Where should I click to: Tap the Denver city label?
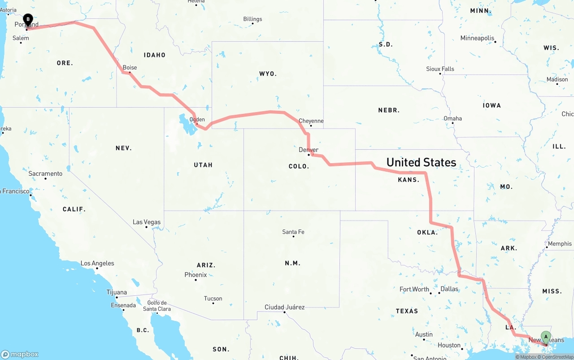pos(309,150)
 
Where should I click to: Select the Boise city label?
pos(130,68)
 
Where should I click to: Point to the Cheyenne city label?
pos(311,121)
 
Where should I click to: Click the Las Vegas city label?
pos(146,222)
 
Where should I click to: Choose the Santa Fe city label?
pos(293,232)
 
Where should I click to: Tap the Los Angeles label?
pos(97,263)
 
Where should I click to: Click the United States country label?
pos(421,162)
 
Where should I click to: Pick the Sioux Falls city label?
pos(440,69)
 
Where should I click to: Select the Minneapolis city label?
pos(477,38)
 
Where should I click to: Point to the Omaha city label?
pos(452,119)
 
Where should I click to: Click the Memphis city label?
pos(560,244)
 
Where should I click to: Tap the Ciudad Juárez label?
pos(284,307)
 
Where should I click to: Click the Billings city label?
pos(252,19)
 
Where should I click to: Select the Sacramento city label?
pos(45,173)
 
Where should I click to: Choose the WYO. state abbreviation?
pos(268,74)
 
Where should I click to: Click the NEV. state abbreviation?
pos(123,148)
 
